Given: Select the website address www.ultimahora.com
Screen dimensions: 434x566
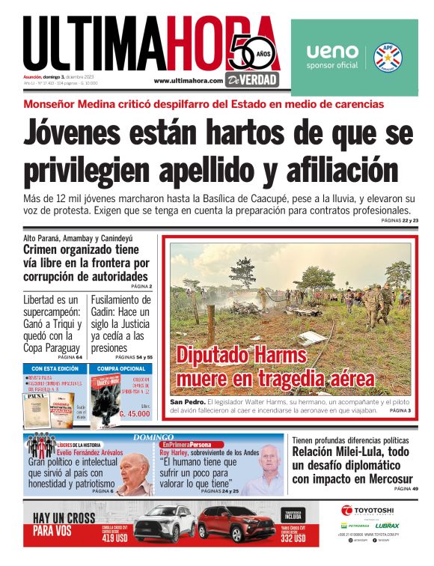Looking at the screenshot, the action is tap(189, 81).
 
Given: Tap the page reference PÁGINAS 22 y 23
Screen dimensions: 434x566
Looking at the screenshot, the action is tap(399, 221).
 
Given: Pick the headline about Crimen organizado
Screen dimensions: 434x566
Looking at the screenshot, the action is tap(86, 263).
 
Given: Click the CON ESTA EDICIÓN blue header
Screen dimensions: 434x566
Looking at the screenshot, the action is tap(55, 368).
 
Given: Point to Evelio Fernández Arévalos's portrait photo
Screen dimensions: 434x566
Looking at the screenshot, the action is tap(135, 473).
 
